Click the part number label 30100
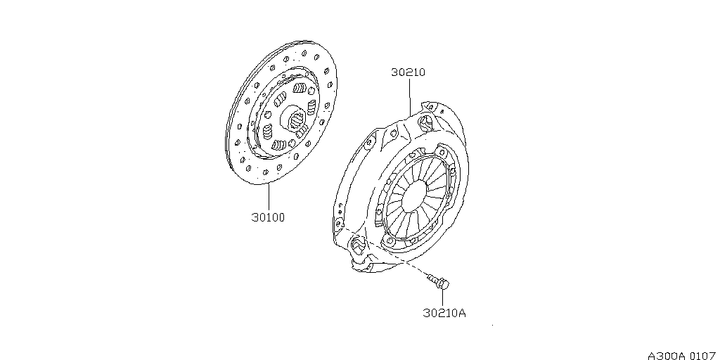click(x=268, y=217)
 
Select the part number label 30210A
click(x=444, y=313)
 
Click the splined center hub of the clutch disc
click(x=296, y=119)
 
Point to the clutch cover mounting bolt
click(x=438, y=281)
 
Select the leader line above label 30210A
click(x=443, y=297)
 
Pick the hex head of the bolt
click(x=444, y=284)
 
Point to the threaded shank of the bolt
click(x=432, y=278)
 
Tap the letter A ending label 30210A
click(x=462, y=313)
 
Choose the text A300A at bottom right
click(x=667, y=355)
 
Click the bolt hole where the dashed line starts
click(x=339, y=224)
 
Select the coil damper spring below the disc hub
click(x=278, y=145)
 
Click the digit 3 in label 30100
click(x=255, y=217)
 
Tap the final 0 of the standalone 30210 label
click(x=422, y=72)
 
